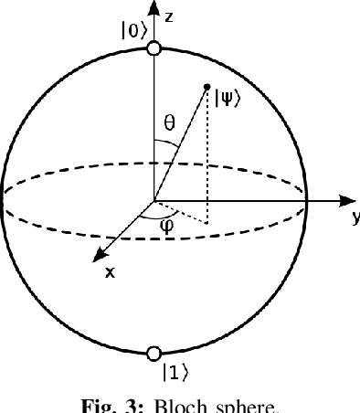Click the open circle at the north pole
click(154, 48)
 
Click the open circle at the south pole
click(154, 352)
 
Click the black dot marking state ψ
click(207, 86)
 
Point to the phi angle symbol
click(166, 226)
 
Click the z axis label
click(171, 16)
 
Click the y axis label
click(354, 217)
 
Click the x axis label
click(111, 271)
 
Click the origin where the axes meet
click(154, 199)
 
